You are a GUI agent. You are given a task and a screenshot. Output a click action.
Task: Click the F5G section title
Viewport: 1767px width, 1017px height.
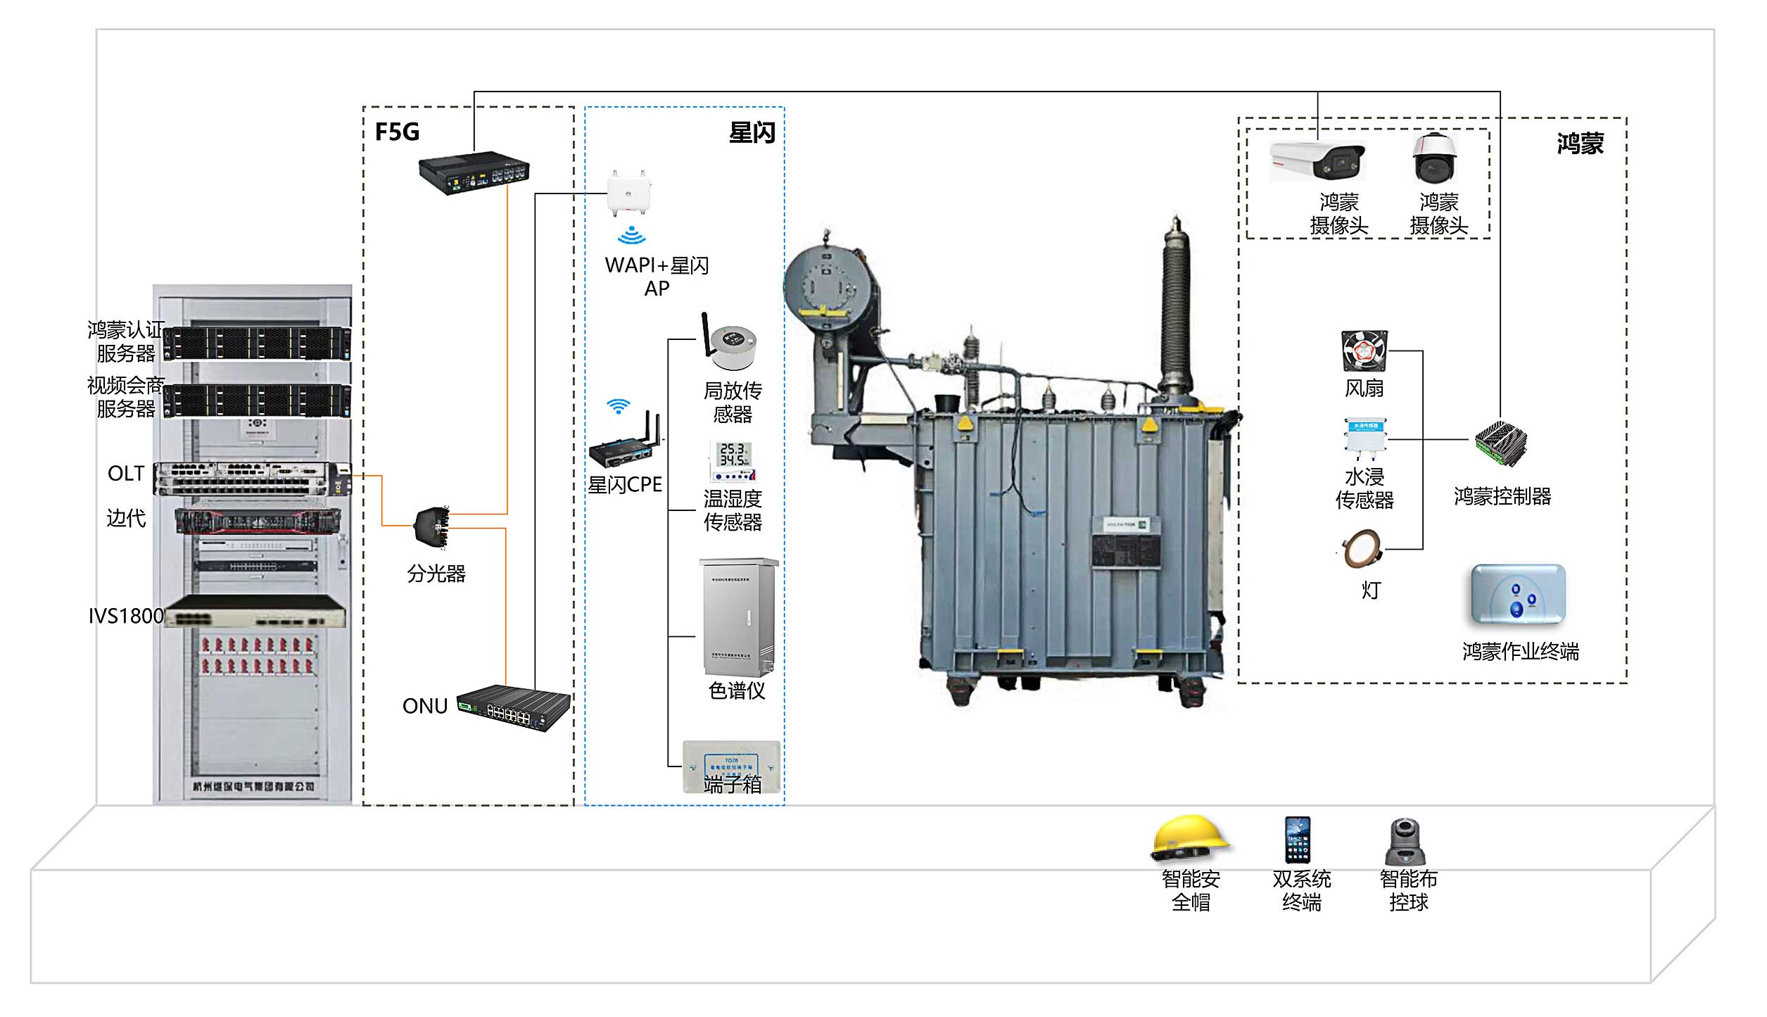397,132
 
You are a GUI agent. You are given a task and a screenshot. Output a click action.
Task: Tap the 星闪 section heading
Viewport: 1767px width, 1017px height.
752,132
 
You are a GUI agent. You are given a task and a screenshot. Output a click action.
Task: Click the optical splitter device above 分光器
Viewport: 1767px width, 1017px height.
432,526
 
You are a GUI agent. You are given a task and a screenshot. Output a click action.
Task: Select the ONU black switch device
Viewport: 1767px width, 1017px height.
513,707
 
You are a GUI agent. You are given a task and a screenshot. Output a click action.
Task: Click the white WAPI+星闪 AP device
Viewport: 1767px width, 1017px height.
629,194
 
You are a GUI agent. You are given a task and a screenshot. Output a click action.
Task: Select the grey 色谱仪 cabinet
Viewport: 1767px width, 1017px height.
738,617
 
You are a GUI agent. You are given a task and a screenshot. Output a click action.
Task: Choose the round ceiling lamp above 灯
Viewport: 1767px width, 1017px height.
1362,550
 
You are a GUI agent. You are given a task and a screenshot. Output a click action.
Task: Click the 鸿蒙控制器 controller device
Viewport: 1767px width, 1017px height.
1501,444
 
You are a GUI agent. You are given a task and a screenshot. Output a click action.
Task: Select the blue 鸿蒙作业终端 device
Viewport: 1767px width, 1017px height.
1518,595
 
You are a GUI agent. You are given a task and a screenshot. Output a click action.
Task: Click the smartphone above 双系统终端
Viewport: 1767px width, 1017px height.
1298,839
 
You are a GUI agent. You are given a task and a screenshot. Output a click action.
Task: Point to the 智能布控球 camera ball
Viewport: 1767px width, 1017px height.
1406,842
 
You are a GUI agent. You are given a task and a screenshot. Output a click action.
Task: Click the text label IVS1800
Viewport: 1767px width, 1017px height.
126,617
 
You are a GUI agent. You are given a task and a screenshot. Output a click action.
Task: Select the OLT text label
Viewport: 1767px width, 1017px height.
126,474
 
